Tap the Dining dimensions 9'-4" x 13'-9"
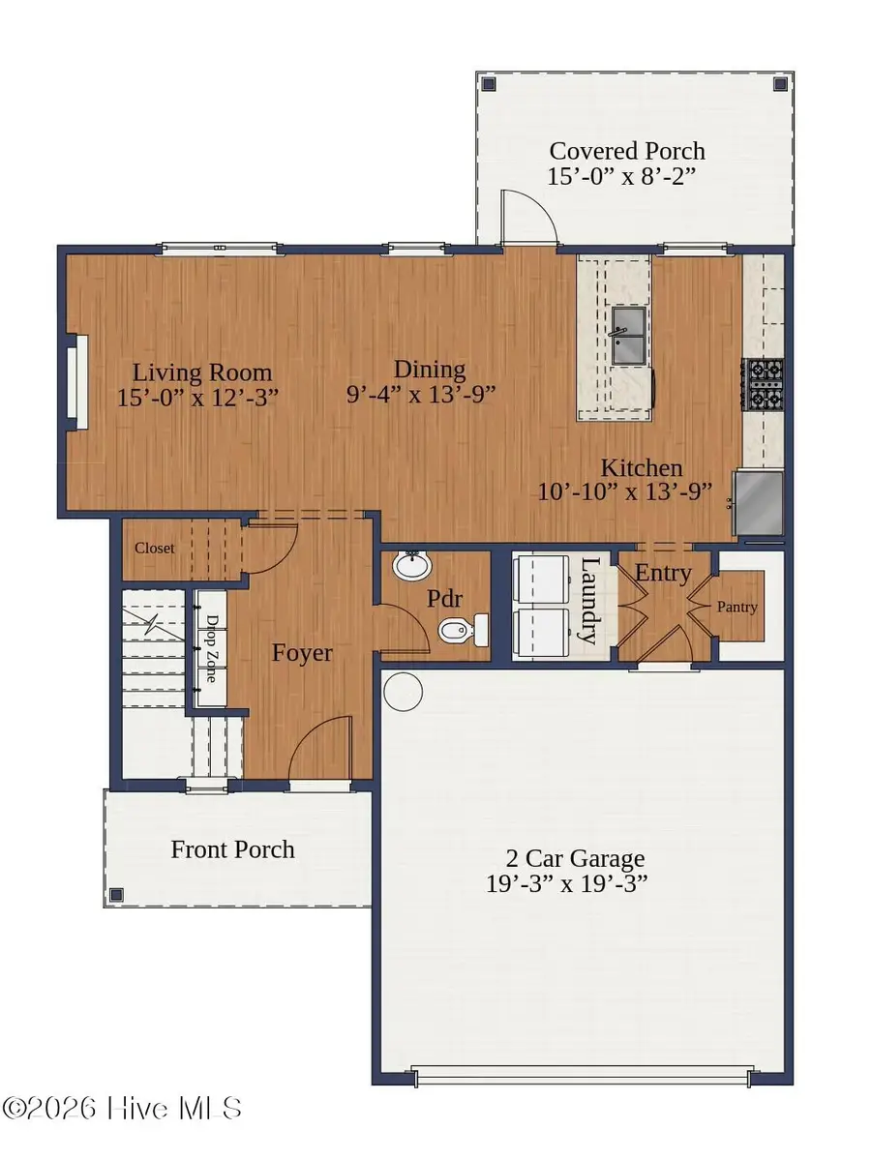click(421, 395)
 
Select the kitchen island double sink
click(630, 336)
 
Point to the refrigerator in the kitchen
click(760, 502)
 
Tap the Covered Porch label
click(627, 151)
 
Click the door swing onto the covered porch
click(528, 218)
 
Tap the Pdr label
click(441, 599)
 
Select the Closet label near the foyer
click(155, 549)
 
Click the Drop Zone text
click(209, 647)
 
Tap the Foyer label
click(302, 653)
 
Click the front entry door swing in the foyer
click(319, 747)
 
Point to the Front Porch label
click(232, 850)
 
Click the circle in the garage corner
click(403, 692)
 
